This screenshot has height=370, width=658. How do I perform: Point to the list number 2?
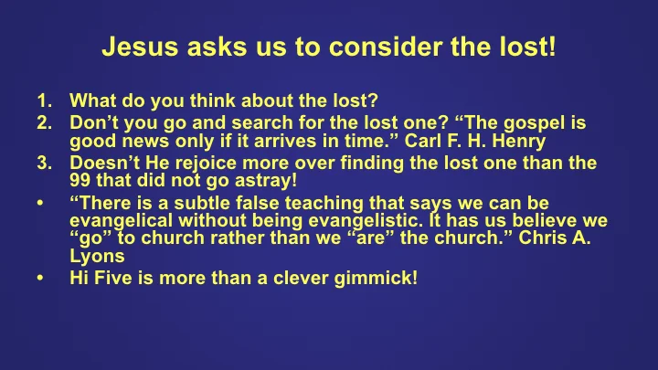44,122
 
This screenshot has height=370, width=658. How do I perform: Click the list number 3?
44,164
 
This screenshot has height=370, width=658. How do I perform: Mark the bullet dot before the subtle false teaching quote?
40,204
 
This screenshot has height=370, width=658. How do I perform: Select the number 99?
81,180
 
